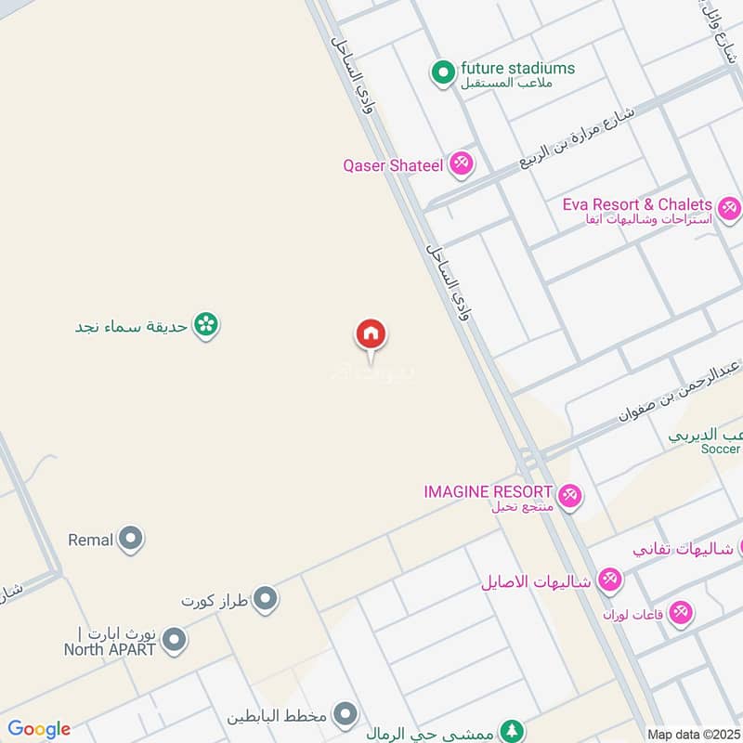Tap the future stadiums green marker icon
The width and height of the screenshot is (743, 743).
444,70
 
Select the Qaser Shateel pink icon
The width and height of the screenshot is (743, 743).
461,165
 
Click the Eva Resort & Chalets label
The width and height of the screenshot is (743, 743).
637,204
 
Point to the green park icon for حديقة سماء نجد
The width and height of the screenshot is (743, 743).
207,325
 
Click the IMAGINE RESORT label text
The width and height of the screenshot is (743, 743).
488,490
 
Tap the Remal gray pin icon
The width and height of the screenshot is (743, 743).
131,539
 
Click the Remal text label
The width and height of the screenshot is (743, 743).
90,539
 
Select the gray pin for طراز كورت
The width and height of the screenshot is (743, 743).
266,600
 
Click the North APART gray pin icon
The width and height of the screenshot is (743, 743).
174,640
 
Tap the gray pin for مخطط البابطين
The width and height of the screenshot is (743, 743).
345,715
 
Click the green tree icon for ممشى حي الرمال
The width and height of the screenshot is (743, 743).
511,731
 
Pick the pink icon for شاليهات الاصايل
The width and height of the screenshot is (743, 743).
609,581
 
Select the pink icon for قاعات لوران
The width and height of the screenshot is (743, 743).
682,613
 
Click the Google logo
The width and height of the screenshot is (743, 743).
39,729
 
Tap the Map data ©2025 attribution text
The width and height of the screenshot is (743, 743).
694,734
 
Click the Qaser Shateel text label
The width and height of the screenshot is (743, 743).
394,165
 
